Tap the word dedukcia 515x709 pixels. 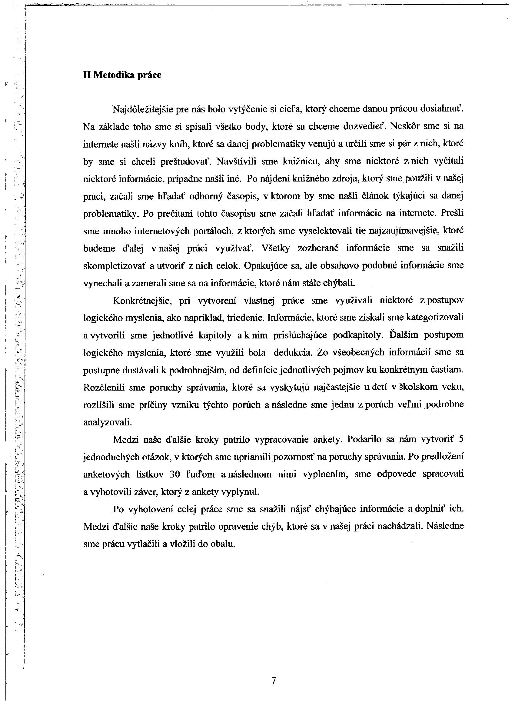pyautogui.click(x=293, y=353)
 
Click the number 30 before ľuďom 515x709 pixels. pyautogui.click(x=175, y=474)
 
